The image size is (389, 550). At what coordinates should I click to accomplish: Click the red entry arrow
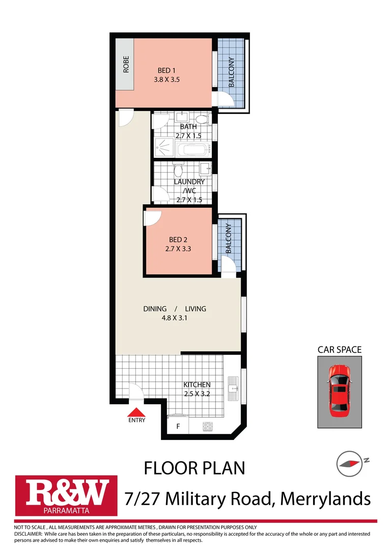click(x=136, y=413)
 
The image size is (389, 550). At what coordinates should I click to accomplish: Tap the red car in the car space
click(x=338, y=390)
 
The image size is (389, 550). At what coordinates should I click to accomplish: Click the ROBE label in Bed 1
click(x=125, y=65)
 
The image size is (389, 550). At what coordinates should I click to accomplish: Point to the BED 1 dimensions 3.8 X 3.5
click(x=166, y=80)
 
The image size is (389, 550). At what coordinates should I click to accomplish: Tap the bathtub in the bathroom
click(x=193, y=150)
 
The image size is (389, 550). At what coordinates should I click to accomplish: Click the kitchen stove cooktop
click(x=207, y=427)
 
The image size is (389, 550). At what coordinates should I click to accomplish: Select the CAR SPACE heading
click(x=339, y=349)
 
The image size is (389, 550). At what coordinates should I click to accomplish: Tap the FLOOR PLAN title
click(x=194, y=468)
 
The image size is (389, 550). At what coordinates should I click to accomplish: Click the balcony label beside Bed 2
click(x=229, y=239)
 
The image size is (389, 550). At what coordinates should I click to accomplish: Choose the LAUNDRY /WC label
click(x=189, y=186)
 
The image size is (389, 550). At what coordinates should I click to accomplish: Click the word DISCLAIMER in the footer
click(x=29, y=533)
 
